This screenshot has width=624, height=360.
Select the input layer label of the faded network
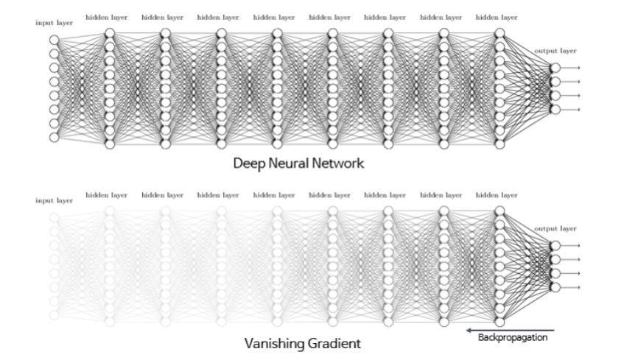(53, 200)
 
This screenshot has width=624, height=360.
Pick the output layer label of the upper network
(555, 51)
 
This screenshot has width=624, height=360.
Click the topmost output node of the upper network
(555, 68)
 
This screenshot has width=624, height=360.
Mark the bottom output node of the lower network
(555, 287)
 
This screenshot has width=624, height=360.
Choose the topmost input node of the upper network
(54, 40)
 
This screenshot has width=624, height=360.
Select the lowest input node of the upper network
(54, 138)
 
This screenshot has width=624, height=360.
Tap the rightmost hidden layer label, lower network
(497, 195)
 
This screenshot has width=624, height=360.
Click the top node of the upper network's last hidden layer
(500, 32)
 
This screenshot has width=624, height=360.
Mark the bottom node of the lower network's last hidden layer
(500, 322)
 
